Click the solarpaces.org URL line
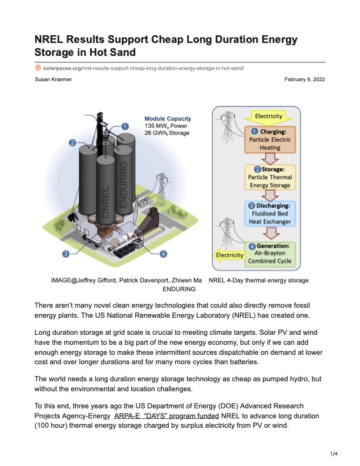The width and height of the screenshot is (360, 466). coord(139,68)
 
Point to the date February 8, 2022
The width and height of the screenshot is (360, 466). coord(304,79)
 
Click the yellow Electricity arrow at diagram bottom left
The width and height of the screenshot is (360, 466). coord(228,256)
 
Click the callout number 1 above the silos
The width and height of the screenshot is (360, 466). coord(125,125)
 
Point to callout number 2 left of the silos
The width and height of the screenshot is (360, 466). coord(72,142)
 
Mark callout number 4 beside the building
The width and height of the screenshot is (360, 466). coord(163,254)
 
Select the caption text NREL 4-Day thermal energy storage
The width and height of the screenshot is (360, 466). coord(259,281)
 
